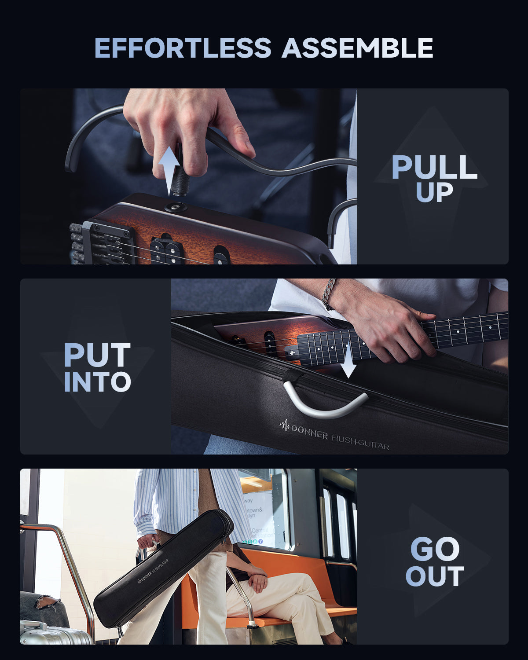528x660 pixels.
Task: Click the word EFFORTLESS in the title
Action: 183,48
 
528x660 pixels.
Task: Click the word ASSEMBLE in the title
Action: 357,48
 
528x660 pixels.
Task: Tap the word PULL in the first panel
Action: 434,167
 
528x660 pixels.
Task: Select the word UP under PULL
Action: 434,192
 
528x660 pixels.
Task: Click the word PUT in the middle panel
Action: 97,355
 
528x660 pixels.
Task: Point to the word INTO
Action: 97,382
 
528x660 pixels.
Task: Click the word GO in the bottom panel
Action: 434,549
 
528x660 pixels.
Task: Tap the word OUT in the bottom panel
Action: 434,576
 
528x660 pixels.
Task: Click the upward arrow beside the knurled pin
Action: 169,170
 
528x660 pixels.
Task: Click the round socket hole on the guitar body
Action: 176,207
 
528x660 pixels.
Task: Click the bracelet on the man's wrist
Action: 328,294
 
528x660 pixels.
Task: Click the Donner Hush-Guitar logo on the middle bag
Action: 334,436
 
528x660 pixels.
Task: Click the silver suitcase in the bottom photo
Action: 53,634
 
